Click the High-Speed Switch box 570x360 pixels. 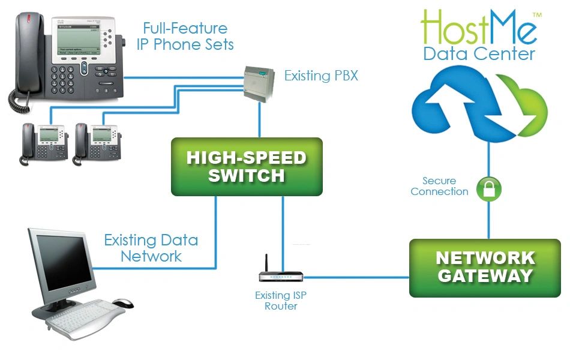pos(247,167)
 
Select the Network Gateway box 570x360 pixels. pos(485,268)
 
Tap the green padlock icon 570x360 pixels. pos(489,189)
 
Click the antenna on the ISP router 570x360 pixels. pos(266,263)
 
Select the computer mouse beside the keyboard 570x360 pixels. pos(123,303)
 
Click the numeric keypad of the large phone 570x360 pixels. pos(62,80)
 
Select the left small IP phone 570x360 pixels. pos(44,144)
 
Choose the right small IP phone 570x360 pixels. pos(97,144)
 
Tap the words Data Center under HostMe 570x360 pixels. pos(479,54)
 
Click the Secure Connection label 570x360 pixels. pos(439,186)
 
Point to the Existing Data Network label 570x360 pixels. pos(151,248)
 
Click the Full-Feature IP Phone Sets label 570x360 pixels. pos(185,36)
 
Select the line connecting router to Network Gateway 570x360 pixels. pos(356,277)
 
